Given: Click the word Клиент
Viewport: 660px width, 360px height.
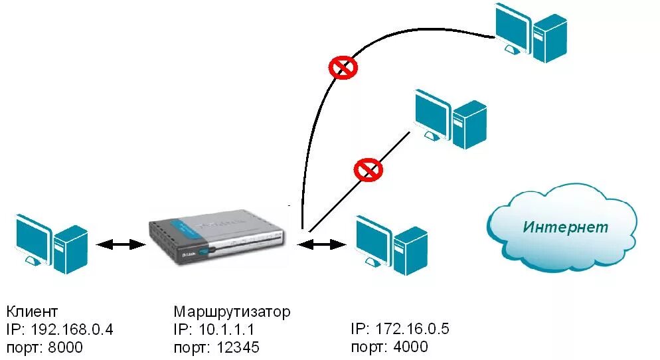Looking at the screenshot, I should pyautogui.click(x=33, y=312).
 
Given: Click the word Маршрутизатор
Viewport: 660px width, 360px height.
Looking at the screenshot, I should pyautogui.click(x=232, y=312).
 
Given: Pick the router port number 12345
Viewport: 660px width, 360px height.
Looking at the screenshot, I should pyautogui.click(x=236, y=347).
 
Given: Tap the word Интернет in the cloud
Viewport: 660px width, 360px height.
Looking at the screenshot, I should pyautogui.click(x=565, y=227).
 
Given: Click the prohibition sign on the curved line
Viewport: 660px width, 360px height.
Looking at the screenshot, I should pyautogui.click(x=343, y=67).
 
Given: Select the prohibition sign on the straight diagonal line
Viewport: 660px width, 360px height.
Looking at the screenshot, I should pyautogui.click(x=368, y=169).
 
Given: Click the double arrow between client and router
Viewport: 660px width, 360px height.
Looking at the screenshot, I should pyautogui.click(x=121, y=244).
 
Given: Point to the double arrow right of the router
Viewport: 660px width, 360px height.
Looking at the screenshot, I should pyautogui.click(x=322, y=244).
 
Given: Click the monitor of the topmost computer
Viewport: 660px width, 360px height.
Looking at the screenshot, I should pyautogui.click(x=513, y=27).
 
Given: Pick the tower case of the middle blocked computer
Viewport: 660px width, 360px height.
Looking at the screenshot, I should pyautogui.click(x=469, y=124).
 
